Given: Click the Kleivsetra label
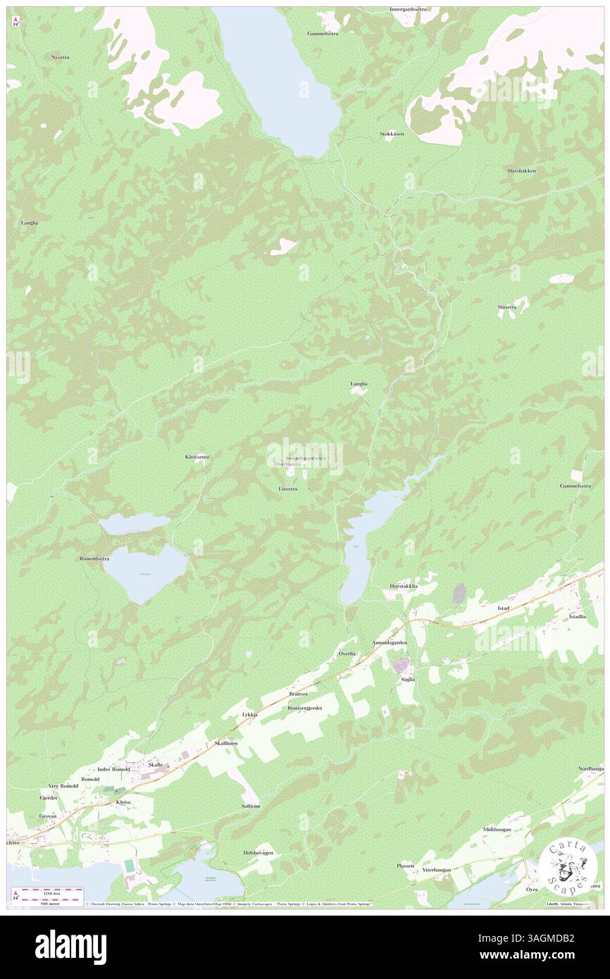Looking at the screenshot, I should tap(197, 456).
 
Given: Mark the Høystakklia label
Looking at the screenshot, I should tap(404, 586).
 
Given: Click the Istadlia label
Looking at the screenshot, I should tap(577, 616).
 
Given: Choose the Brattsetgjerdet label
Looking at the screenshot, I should tap(304, 708).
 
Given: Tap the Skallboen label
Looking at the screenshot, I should tap(225, 743).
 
